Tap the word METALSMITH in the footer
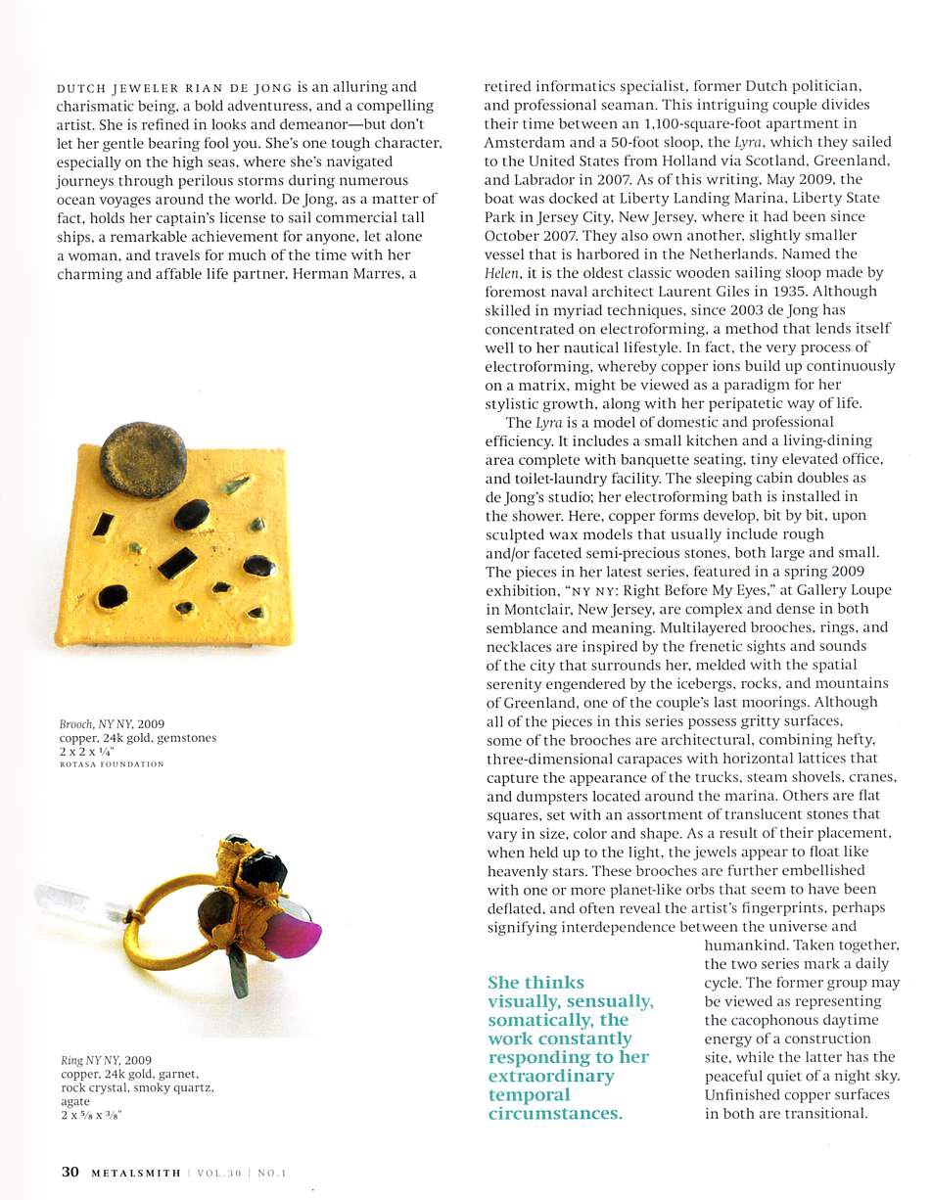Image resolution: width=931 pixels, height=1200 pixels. click(x=136, y=1173)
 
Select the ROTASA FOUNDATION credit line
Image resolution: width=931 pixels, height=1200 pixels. click(x=112, y=763)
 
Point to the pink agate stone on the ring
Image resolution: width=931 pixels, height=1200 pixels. click(x=293, y=933)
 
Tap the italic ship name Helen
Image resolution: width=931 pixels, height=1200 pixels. click(x=500, y=273)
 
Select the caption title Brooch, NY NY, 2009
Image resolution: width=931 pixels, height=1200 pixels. click(x=112, y=724)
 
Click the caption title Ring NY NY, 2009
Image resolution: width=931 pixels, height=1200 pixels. click(x=106, y=1060)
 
